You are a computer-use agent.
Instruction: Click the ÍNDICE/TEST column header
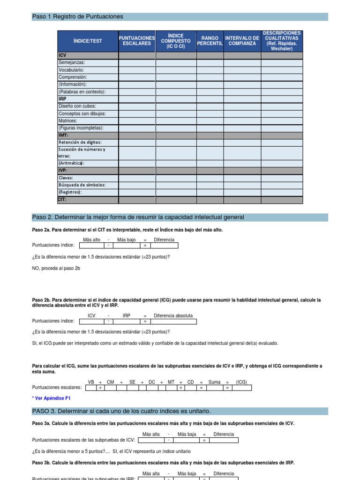tap(88, 41)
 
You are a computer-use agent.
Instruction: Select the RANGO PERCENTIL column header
tap(210, 41)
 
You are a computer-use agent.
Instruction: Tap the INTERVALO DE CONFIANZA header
tap(242, 41)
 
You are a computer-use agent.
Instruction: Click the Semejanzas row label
tap(72, 62)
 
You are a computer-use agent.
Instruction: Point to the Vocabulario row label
tap(71, 70)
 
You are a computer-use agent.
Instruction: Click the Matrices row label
tap(67, 120)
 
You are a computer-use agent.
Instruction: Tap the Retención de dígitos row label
tap(80, 142)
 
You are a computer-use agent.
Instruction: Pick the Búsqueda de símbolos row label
tap(82, 185)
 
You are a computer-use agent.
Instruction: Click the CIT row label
tap(62, 199)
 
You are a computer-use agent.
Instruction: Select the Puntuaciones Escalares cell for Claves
tap(137, 178)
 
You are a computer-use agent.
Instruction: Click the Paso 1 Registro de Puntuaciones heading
tap(78, 16)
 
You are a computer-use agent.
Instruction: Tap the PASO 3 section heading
tap(121, 411)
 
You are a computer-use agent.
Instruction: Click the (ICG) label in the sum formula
tap(241, 382)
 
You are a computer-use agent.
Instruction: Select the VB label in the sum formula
tap(91, 382)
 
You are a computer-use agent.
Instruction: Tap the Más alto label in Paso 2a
tap(91, 240)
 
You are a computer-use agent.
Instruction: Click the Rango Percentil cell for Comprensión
tap(210, 77)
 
